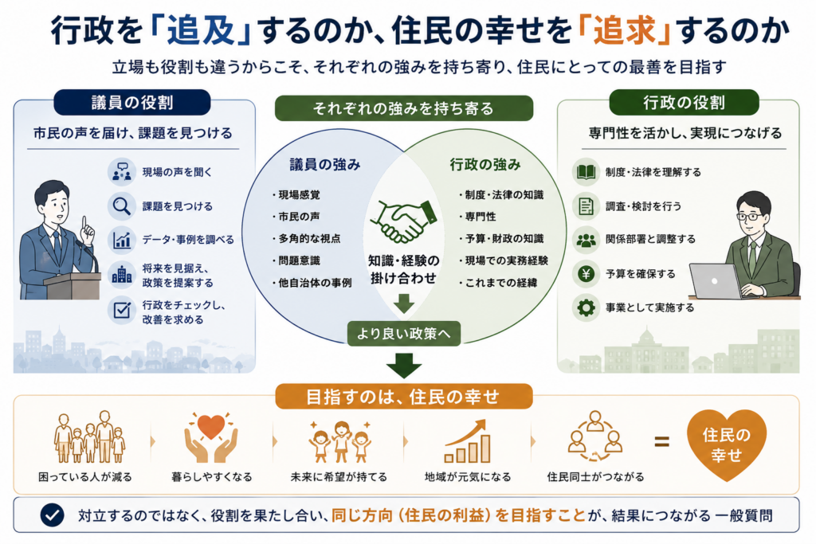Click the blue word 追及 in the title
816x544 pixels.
pos(201,30)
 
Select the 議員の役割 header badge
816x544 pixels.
pos(132,103)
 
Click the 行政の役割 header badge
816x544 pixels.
pos(684,103)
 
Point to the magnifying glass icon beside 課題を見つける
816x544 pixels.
pos(122,206)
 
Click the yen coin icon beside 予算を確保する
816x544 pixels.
pos(586,273)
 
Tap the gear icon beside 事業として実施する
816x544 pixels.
pos(586,308)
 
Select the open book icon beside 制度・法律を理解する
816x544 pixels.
pos(586,172)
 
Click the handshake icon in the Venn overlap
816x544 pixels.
pos(404,221)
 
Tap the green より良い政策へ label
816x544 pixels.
pos(404,334)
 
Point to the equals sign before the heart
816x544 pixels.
pos(661,443)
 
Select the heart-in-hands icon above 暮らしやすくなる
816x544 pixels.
pos(210,437)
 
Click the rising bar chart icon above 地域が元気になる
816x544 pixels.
pos(467,441)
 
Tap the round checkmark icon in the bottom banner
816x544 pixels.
pos(52,515)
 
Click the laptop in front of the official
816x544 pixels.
pos(716,281)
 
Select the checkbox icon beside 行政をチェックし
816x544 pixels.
pos(122,311)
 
